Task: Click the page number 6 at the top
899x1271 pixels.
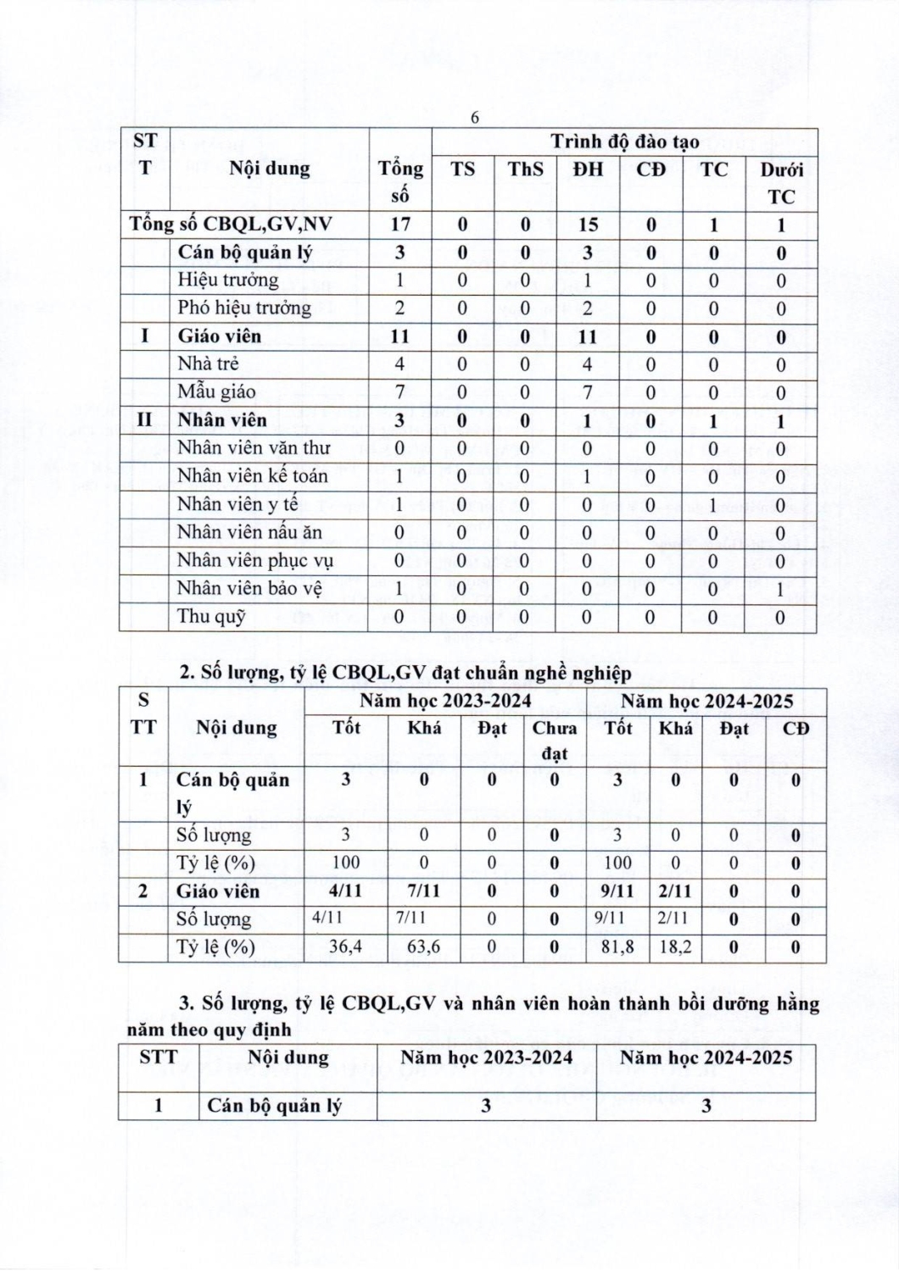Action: pos(475,118)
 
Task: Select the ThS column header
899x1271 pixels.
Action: pos(525,169)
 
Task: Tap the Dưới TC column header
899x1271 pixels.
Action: pos(781,182)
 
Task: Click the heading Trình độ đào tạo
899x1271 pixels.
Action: pos(624,142)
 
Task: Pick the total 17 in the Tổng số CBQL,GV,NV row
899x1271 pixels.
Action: pos(399,225)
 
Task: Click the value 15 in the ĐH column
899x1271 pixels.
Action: pos(587,225)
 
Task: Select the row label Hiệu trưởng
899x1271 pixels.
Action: pos(227,280)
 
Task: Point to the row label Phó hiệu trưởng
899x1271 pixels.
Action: pos(244,308)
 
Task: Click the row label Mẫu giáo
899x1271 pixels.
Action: pos(216,391)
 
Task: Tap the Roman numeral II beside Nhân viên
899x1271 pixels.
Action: pos(144,419)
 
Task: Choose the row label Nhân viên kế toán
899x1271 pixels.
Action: pos(252,475)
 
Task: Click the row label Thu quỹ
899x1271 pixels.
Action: pos(211,616)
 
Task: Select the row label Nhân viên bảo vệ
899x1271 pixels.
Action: pos(249,588)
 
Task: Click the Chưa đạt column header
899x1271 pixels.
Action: pos(555,740)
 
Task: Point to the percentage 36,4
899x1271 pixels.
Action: pos(345,946)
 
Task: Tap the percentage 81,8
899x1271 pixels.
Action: pos(617,946)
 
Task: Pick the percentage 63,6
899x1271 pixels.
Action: pos(424,946)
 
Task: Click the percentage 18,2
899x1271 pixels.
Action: pos(675,946)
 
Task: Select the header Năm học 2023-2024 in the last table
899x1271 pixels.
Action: pos(486,1057)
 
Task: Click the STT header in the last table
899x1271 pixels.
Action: pos(159,1057)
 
